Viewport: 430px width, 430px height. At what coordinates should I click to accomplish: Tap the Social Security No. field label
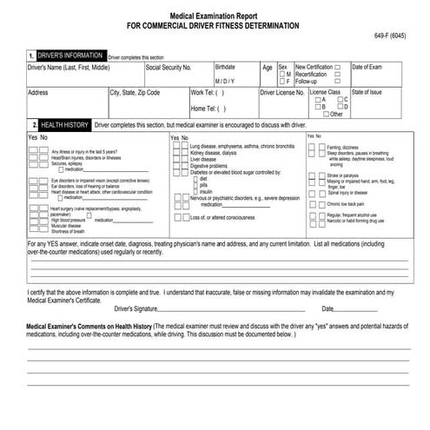coord(169,67)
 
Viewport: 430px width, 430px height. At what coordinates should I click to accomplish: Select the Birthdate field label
coord(225,67)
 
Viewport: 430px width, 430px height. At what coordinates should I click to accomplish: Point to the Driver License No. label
coord(282,90)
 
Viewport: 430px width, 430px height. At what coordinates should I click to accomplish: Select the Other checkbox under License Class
coord(326,114)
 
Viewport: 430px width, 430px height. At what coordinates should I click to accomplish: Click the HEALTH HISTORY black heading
coord(64,124)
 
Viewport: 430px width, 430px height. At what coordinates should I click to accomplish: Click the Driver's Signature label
coord(136,308)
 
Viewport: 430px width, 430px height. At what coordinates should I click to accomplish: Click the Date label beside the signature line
coord(327,308)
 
